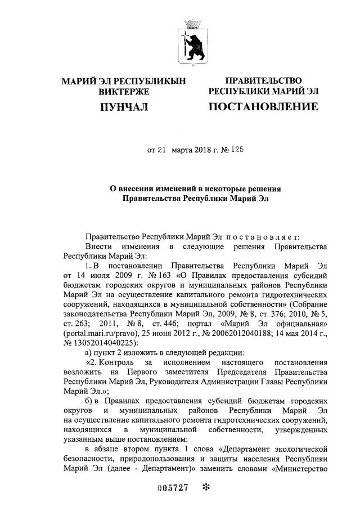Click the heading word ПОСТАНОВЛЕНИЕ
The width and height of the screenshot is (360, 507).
tap(263, 106)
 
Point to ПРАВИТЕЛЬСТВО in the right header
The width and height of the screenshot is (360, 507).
tap(263, 81)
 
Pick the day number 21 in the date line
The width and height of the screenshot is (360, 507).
tap(162, 150)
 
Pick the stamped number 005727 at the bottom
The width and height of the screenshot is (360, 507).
tap(172, 487)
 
